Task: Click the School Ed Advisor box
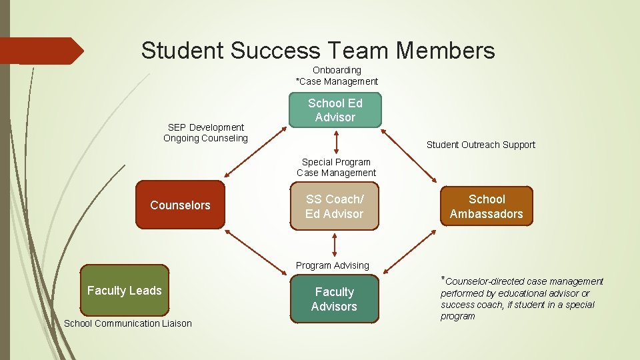point(335,110)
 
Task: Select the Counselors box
point(180,205)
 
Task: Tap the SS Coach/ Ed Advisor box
point(335,207)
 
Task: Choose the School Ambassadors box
point(486,207)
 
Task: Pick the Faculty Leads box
point(125,291)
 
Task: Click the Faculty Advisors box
point(334,299)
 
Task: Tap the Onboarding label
point(337,70)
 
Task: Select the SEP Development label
point(205,127)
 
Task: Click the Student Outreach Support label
point(481,145)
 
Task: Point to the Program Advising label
point(332,265)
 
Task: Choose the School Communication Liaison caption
point(127,324)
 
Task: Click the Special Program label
point(336,162)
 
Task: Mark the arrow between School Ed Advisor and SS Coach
point(336,142)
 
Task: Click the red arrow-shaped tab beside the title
point(40,51)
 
